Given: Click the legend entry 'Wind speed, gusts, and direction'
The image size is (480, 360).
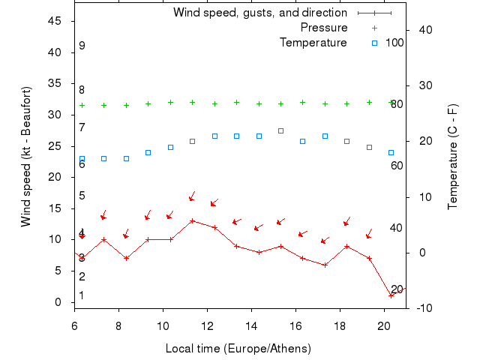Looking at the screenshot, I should [x=259, y=13].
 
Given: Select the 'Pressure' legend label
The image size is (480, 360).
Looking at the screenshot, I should [x=323, y=28].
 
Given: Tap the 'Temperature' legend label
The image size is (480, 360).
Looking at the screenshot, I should [x=313, y=43].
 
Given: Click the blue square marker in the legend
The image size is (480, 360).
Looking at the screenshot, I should [x=374, y=43].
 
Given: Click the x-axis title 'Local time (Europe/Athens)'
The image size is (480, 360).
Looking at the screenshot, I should [x=238, y=349].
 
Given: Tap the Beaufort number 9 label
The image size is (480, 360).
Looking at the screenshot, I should [x=82, y=46].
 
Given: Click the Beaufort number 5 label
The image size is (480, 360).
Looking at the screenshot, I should [x=82, y=196].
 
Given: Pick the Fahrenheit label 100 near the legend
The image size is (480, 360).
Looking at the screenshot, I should [x=394, y=43].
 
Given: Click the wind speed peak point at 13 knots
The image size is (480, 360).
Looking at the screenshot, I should [x=193, y=220].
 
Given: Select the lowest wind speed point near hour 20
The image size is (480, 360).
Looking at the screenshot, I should [x=391, y=295].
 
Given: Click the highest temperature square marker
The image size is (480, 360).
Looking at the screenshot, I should [x=280, y=130].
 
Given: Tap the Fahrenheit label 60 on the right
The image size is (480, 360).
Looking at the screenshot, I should [x=397, y=165].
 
